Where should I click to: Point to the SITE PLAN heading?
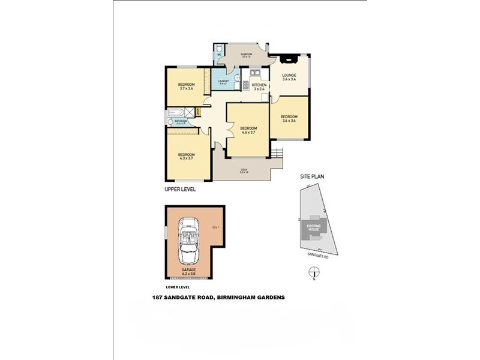(x=313, y=178)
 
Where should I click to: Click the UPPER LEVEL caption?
(x=180, y=189)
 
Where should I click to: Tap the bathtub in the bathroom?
(x=178, y=112)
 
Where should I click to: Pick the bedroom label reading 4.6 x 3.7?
(x=248, y=130)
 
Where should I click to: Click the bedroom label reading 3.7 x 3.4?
(x=186, y=86)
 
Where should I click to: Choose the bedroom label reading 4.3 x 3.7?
(x=186, y=157)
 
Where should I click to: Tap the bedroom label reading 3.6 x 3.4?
(x=290, y=118)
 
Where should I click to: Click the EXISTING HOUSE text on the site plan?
(x=314, y=227)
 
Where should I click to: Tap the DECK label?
(x=244, y=171)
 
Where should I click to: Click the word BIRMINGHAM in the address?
(x=236, y=296)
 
